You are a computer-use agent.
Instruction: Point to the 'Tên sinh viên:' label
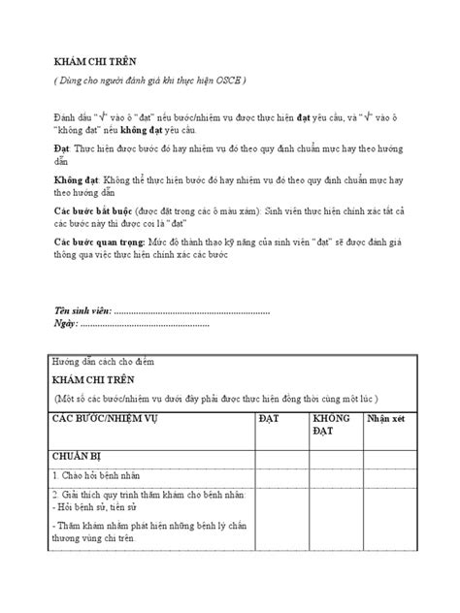click(82, 312)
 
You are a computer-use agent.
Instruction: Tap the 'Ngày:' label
click(66, 324)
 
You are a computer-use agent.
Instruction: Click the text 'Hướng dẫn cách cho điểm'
click(104, 361)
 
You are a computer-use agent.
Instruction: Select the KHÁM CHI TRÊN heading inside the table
click(90, 380)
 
